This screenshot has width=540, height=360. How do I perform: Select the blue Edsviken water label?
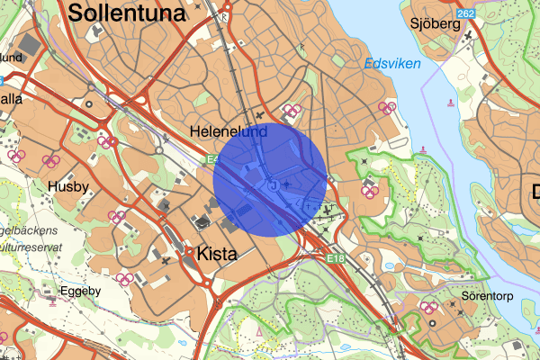[392, 64]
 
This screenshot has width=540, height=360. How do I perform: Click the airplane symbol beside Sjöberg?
[469, 35]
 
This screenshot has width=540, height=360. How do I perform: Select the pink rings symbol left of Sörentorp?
[429, 308]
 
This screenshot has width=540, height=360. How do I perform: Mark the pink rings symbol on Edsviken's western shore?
[387, 108]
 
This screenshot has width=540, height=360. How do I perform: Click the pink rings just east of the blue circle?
[368, 187]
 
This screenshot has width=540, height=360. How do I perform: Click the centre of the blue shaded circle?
[270, 179]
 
